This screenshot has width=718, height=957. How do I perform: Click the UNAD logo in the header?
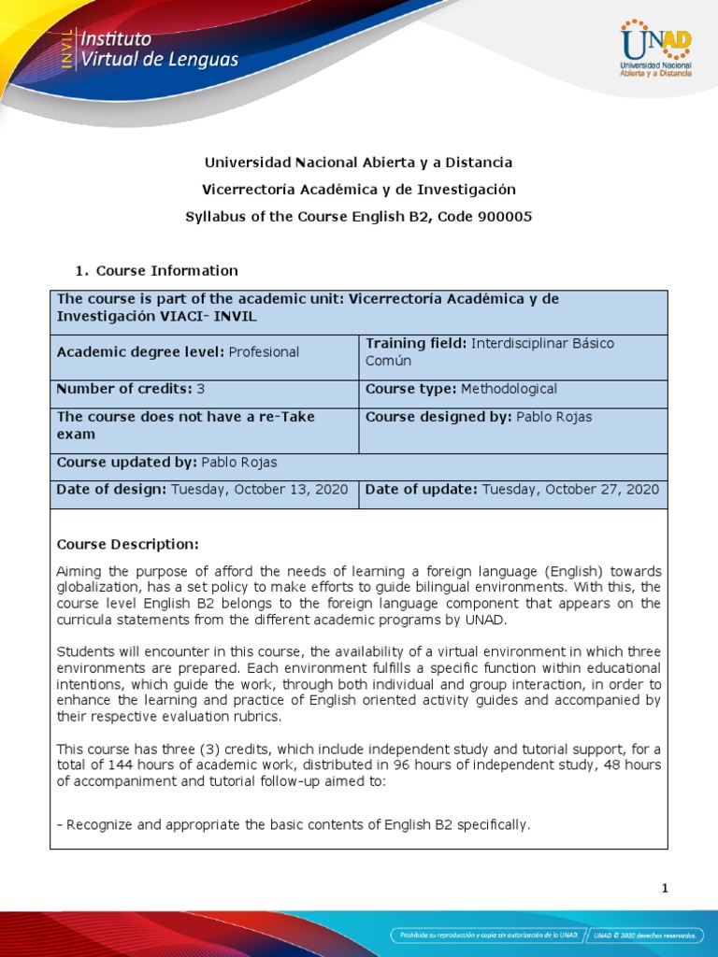tap(656, 50)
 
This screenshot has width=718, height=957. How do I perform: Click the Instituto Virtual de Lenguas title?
tap(159, 50)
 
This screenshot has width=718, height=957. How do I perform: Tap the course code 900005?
tap(506, 216)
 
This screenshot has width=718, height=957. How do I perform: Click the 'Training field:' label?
tap(417, 344)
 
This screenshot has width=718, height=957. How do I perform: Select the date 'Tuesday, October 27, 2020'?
tap(570, 490)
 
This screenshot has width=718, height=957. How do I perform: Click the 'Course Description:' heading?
tap(128, 545)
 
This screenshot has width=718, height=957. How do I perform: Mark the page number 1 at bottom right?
tap(665, 889)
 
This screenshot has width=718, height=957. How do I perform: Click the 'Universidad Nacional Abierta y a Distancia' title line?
tap(359, 163)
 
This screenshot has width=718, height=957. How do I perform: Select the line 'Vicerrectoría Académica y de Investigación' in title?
tap(359, 190)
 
